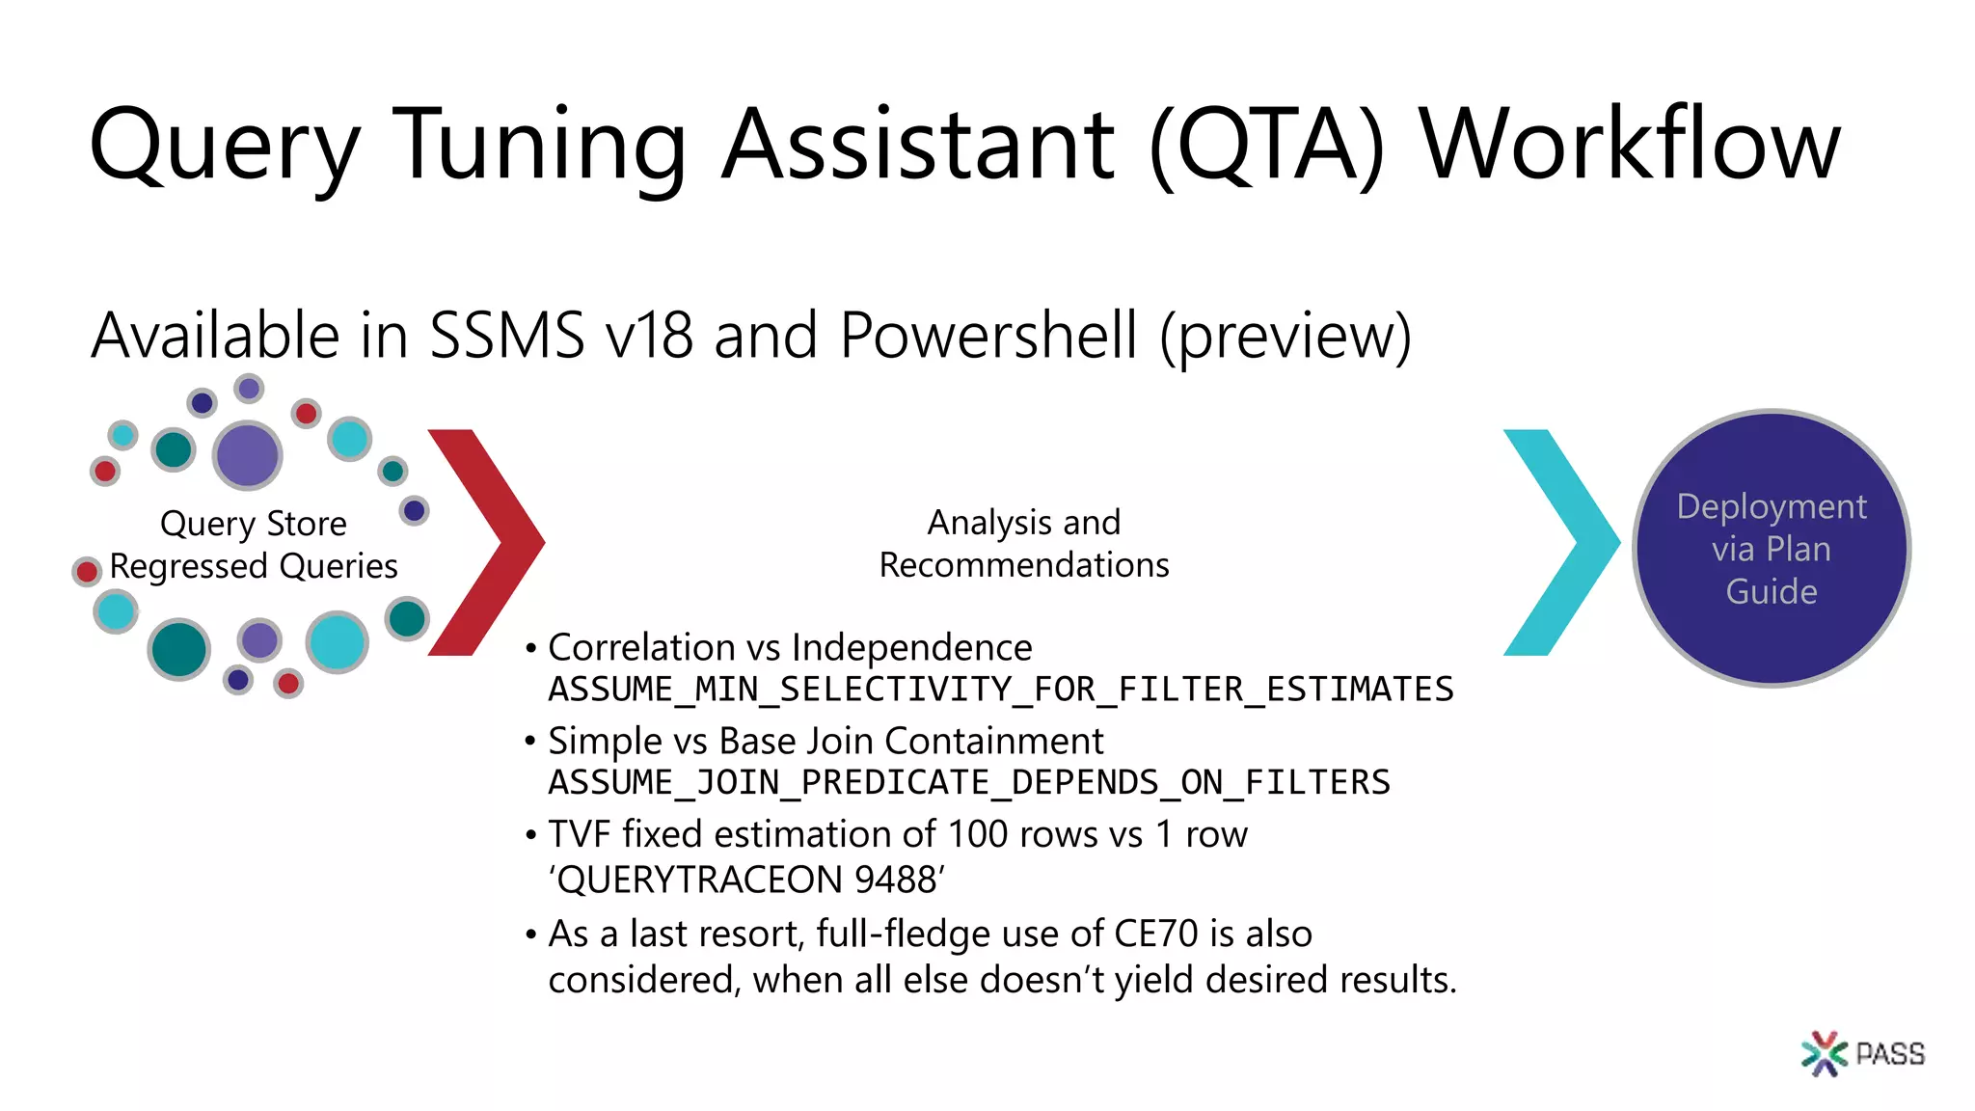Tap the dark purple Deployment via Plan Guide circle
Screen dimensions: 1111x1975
(1772, 549)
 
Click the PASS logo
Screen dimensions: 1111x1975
(1862, 1053)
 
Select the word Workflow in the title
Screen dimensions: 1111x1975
(1630, 145)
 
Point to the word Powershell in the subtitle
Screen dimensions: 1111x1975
(988, 336)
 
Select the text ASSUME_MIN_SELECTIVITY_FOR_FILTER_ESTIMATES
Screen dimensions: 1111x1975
(1000, 690)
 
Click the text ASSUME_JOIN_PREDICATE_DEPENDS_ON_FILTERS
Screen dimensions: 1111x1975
(968, 782)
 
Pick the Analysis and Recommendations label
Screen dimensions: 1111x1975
(1024, 543)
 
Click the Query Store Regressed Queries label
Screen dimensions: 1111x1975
(254, 544)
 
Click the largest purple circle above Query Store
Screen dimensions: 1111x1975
(248, 455)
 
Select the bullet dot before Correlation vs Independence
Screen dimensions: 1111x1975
(530, 648)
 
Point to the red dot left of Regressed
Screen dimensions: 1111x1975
(87, 571)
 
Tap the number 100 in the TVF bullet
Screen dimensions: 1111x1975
(977, 834)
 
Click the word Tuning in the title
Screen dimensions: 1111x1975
(540, 145)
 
